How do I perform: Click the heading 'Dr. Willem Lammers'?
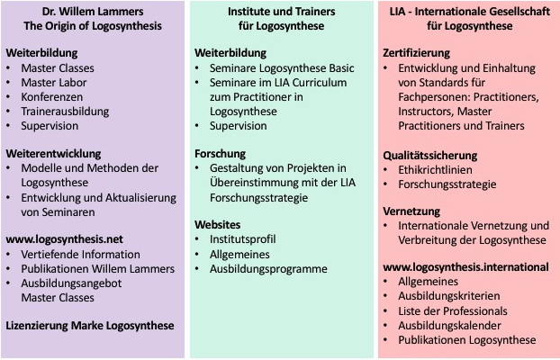(x=93, y=12)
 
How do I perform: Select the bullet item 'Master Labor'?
(x=54, y=83)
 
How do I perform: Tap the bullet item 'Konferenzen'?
(x=52, y=97)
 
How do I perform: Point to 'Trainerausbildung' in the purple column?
(x=65, y=111)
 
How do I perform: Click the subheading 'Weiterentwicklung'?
(x=54, y=154)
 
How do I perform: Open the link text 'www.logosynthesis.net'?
(x=64, y=239)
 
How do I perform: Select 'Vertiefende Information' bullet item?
(x=80, y=255)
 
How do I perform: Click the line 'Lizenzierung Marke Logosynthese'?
(x=90, y=326)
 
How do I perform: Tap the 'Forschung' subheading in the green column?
(x=220, y=154)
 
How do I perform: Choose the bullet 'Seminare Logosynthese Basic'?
(x=282, y=68)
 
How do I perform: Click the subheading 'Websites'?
(x=218, y=225)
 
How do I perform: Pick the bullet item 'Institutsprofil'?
(x=242, y=239)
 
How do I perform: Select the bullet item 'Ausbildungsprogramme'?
(x=268, y=269)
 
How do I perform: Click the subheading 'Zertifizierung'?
(x=417, y=53)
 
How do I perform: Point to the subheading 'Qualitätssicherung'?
(x=430, y=156)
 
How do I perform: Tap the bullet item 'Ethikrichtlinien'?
(x=435, y=169)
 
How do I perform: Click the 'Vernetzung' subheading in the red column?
(x=411, y=211)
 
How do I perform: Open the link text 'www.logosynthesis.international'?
(x=465, y=267)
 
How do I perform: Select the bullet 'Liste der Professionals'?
(x=453, y=311)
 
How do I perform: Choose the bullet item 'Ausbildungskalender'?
(x=449, y=326)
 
